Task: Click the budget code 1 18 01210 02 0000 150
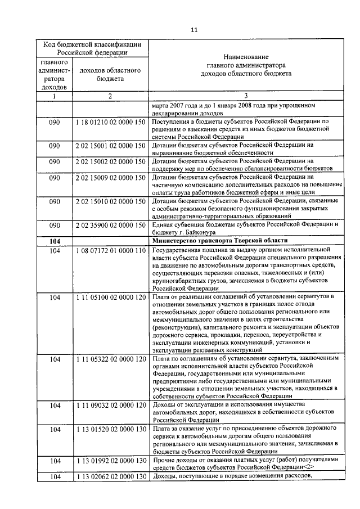tap(110, 121)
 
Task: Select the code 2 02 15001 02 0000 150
tap(110, 146)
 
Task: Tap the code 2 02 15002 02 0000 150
tap(110, 161)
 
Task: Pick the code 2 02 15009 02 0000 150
tap(110, 178)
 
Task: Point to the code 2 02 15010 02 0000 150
tap(110, 201)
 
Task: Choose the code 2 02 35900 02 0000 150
tap(110, 226)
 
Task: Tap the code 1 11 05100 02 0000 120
tap(110, 297)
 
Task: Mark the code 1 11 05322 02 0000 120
tap(110, 358)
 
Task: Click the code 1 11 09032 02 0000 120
tap(110, 406)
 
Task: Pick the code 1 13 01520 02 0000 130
tap(110, 430)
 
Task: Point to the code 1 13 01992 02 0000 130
tap(110, 461)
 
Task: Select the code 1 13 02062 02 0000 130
tap(110, 477)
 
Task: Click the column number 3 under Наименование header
tap(246, 96)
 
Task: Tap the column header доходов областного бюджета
tap(110, 75)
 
